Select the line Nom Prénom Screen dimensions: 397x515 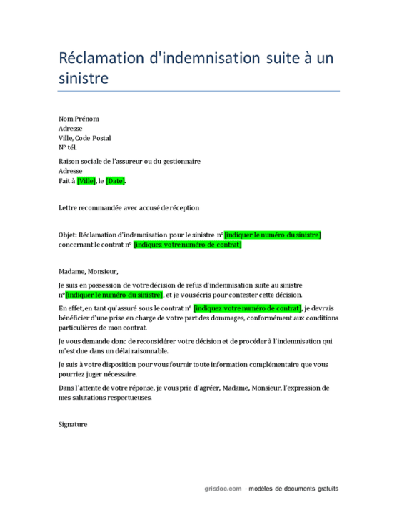coord(79,119)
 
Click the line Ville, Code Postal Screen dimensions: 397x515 coord(84,138)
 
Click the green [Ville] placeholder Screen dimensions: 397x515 coord(86,181)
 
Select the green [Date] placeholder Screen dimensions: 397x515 coord(115,181)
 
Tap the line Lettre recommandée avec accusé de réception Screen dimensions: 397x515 coord(129,207)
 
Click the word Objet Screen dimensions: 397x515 coord(67,235)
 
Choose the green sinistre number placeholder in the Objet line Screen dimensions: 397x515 coord(273,235)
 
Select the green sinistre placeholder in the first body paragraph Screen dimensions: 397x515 coord(114,294)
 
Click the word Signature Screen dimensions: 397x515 coord(73,424)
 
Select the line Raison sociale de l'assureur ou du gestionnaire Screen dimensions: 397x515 coord(129,161)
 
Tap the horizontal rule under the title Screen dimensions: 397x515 coord(198,91)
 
